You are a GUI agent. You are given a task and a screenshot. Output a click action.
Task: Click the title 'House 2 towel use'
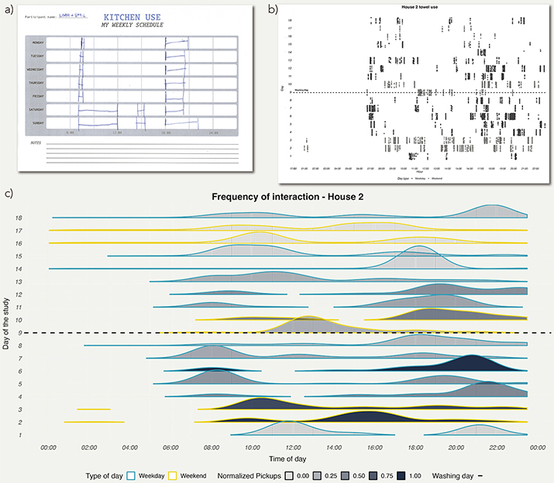click(x=411, y=7)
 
